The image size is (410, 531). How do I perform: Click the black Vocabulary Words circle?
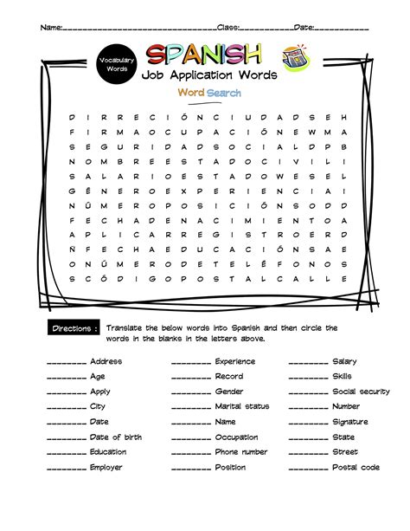click(115, 63)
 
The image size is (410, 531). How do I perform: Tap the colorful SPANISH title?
click(204, 55)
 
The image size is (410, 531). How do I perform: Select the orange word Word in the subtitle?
click(191, 93)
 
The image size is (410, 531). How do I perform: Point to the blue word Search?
click(224, 93)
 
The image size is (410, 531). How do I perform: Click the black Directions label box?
click(74, 329)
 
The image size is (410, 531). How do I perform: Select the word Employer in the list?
click(106, 468)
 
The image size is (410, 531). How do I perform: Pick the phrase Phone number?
click(241, 452)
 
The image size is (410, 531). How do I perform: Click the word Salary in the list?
click(344, 361)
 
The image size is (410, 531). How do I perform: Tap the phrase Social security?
click(361, 392)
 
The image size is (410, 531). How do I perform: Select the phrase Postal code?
click(356, 468)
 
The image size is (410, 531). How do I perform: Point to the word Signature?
click(349, 422)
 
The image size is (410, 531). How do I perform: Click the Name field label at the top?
click(51, 28)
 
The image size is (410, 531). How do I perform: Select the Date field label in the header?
click(303, 28)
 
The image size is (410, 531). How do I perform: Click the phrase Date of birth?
click(115, 437)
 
